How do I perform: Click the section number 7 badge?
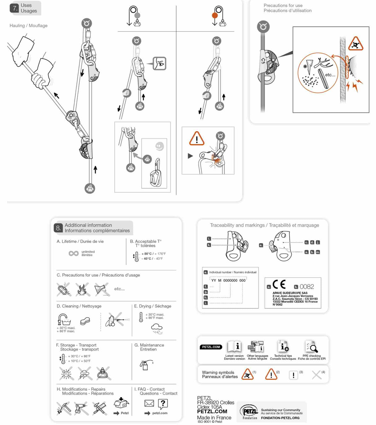(15, 8)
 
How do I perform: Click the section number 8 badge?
(58, 228)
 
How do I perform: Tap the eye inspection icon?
(160, 64)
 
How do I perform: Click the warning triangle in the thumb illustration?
(197, 138)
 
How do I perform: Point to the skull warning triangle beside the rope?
(355, 44)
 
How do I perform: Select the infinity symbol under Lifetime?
(73, 253)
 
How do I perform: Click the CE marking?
(279, 284)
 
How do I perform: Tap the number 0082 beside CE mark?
(307, 287)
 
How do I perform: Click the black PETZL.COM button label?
(211, 347)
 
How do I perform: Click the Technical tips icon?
(283, 346)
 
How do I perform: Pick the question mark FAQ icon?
(163, 403)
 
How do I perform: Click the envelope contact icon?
(149, 403)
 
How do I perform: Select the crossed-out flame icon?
(82, 289)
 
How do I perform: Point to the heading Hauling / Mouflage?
(28, 26)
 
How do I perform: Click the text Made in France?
(214, 418)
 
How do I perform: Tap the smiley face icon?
(160, 146)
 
